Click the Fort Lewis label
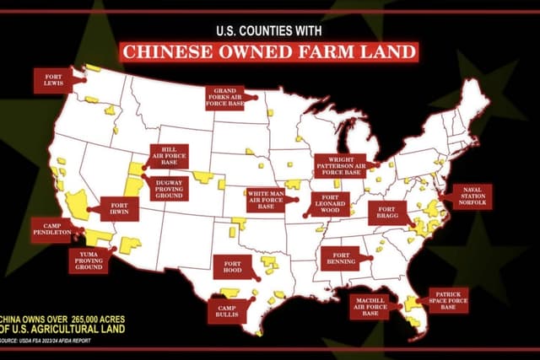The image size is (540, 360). [52, 81]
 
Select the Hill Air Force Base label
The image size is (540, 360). [170, 155]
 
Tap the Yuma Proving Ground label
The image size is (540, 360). [89, 259]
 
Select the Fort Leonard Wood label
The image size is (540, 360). [329, 204]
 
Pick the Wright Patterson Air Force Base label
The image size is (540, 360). [340, 164]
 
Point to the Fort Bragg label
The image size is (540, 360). [387, 212]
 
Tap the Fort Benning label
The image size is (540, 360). [343, 259]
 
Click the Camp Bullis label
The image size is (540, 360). [227, 309]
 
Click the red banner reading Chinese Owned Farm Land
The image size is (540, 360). [269, 52]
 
